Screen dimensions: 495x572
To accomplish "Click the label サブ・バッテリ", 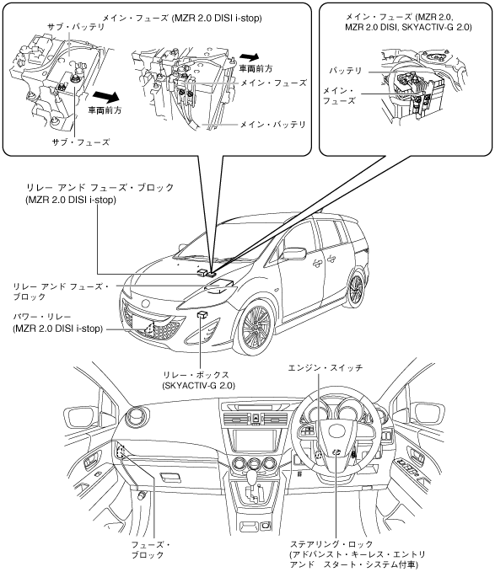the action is coord(76,27).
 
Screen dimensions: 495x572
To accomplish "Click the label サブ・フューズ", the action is coord(81,142).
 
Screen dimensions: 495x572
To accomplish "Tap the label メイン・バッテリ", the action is coord(272,125).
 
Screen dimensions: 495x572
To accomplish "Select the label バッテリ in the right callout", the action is coord(346,71).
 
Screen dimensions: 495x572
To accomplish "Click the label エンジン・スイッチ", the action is coord(326,367).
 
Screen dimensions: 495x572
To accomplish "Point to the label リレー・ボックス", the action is coord(196,374).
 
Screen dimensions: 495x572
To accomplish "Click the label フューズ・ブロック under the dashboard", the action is coord(150,550).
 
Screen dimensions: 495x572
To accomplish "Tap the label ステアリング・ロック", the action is coord(331,544).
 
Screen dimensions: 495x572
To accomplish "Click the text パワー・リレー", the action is coord(42,317).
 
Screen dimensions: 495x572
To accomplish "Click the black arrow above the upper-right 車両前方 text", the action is coord(250,57).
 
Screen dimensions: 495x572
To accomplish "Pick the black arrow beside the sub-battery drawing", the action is coord(106,96).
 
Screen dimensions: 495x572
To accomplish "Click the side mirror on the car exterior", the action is coord(294,254).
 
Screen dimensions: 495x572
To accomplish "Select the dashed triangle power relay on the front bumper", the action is coord(149,327).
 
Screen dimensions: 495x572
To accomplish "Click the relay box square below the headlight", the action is coord(202,314).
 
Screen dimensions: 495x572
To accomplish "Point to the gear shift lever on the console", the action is coord(252,475).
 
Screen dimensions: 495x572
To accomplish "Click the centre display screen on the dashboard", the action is coord(255,441).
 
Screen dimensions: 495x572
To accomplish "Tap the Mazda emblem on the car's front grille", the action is coord(146,303).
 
